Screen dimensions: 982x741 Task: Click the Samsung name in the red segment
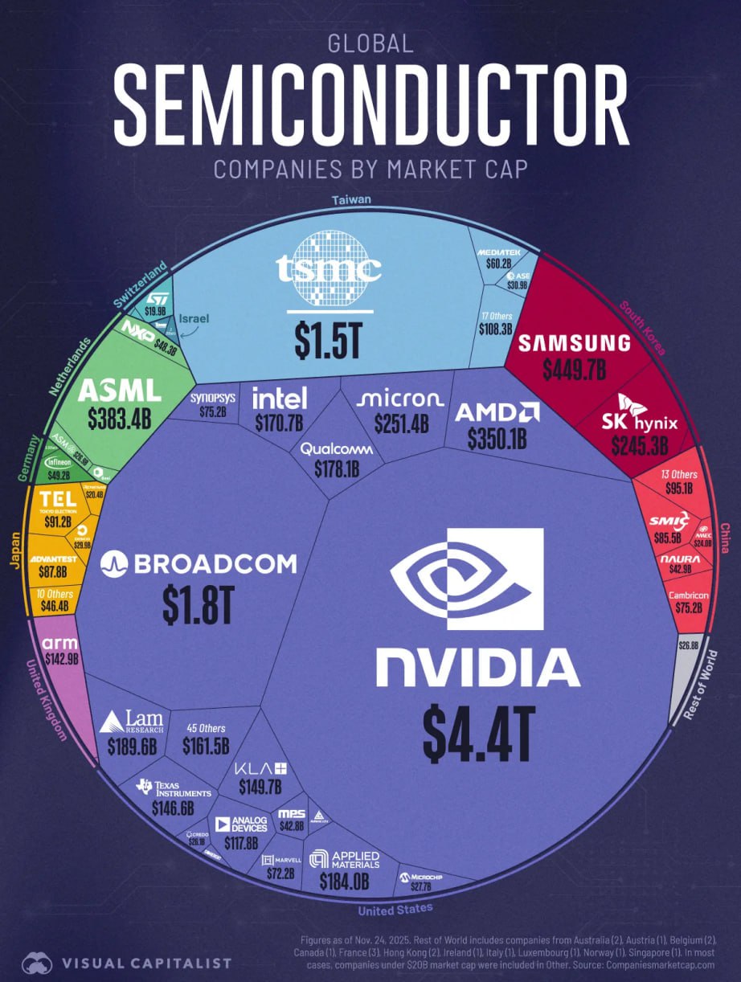click(x=573, y=344)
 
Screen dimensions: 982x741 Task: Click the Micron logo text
click(x=399, y=399)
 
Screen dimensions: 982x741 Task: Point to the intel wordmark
click(x=280, y=398)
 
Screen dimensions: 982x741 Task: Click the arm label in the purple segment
click(x=59, y=644)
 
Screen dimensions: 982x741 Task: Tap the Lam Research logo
click(x=131, y=722)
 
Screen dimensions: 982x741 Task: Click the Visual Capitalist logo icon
click(x=37, y=963)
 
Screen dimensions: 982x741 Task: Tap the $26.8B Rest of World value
click(x=689, y=644)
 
